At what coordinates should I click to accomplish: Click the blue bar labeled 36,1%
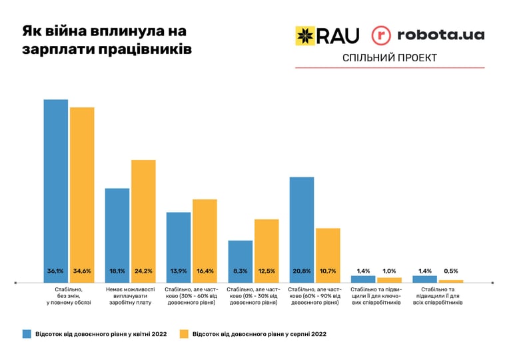[x=56, y=191]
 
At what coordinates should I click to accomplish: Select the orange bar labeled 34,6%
[x=82, y=195]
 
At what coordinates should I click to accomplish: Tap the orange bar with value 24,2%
[x=143, y=221]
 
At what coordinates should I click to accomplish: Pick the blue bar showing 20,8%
[x=302, y=230]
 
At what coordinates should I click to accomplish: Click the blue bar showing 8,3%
[x=241, y=261]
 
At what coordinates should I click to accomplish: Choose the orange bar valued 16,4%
[x=205, y=241]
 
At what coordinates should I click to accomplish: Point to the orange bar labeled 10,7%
[x=328, y=255]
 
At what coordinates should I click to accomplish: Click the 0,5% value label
[x=451, y=271]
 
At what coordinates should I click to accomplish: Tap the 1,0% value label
[x=389, y=271]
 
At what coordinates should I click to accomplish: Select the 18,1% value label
[x=117, y=271]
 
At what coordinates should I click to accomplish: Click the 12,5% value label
[x=266, y=271]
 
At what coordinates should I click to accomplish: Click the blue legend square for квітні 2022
[x=27, y=334]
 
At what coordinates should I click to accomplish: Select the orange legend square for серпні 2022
[x=184, y=334]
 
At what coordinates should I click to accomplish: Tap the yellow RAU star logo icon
[x=305, y=35]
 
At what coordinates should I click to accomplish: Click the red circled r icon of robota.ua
[x=381, y=35]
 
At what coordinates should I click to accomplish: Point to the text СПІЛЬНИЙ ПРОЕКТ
[x=390, y=58]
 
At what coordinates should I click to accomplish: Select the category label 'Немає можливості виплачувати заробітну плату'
[x=131, y=296]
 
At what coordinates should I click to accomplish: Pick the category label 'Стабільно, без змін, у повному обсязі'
[x=69, y=296]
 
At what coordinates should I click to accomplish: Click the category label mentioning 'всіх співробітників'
[x=438, y=296]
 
